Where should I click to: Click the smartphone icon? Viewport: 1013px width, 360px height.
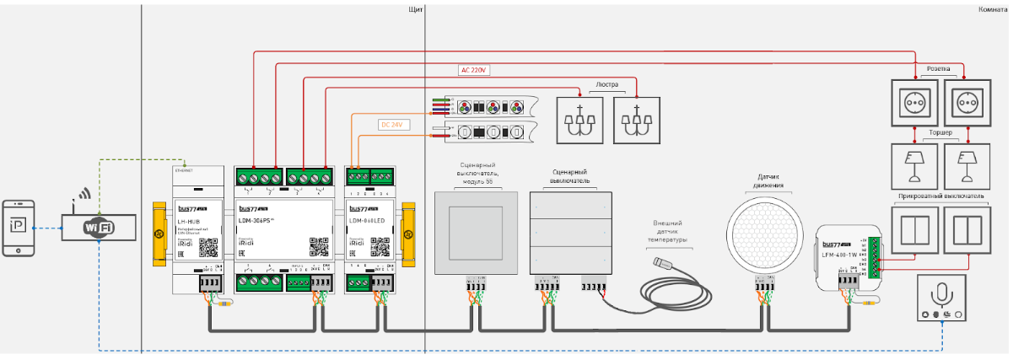[19, 227]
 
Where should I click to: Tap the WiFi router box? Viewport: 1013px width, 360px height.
[98, 228]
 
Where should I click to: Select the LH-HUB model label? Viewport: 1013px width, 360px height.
[187, 221]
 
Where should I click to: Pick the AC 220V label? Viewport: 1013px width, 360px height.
[475, 70]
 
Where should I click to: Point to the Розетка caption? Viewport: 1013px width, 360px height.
[939, 69]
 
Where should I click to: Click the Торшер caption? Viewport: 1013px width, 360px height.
[939, 132]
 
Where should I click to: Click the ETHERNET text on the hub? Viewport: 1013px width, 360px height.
[184, 170]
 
